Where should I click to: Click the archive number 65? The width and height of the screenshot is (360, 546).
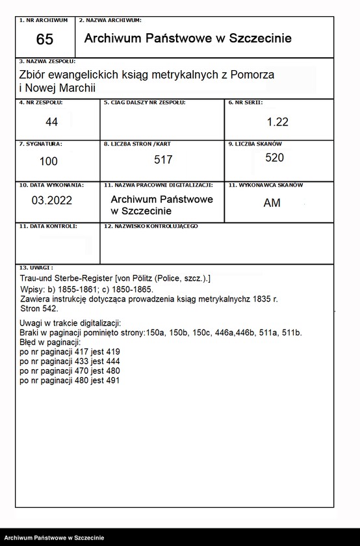pos(45,40)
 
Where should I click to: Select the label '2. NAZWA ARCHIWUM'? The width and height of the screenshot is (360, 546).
pos(110,21)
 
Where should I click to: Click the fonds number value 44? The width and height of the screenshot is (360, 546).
pos(51,122)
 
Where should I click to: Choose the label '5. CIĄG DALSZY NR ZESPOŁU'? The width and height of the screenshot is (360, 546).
pos(145,103)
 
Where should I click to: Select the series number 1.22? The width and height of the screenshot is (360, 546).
pos(277,122)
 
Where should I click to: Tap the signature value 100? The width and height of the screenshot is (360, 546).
pos(48,161)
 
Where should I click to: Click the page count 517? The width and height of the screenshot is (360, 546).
pos(164,159)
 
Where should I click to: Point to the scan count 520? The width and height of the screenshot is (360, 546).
pos(274,157)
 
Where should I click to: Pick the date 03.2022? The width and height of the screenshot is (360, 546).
pos(51,201)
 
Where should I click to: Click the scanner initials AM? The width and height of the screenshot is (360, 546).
pos(272,203)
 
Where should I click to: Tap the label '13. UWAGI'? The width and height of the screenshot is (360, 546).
pos(36,267)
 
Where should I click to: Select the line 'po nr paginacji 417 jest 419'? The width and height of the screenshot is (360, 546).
pos(70,352)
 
